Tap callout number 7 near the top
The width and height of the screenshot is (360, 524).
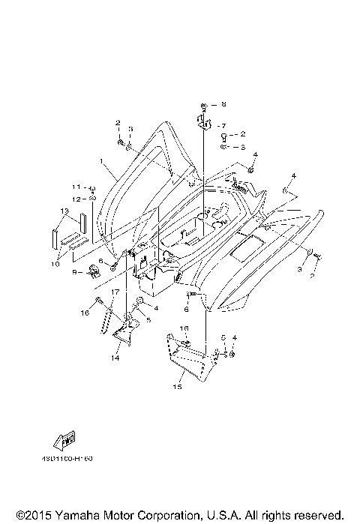pos(222,125)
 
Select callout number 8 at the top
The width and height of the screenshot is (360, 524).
pos(223,104)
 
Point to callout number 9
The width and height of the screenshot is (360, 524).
pos(75,272)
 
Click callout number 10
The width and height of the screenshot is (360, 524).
pos(55,263)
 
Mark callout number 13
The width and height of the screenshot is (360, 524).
pos(65,211)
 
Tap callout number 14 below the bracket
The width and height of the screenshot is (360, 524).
pos(115,358)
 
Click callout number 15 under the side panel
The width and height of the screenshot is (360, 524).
pos(178,388)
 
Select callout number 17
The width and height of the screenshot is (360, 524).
pos(115,292)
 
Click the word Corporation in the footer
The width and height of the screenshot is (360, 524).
pos(169,514)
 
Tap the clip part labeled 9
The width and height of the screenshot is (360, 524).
pos(94,269)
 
